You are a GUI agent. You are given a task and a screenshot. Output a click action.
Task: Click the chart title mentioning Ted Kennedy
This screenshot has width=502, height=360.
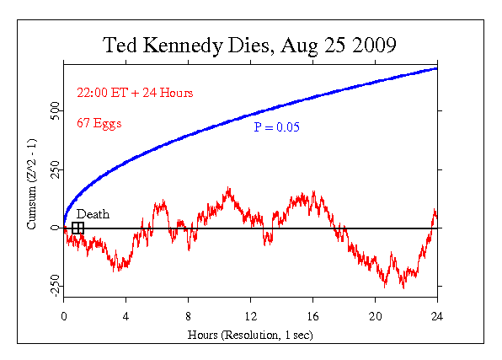point(249,44)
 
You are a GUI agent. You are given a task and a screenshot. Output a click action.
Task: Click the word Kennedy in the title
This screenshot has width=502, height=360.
point(188,44)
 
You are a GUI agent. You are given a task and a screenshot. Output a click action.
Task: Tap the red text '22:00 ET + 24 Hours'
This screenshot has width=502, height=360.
point(122,94)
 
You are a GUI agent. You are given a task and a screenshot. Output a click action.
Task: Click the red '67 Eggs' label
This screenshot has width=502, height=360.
point(99,123)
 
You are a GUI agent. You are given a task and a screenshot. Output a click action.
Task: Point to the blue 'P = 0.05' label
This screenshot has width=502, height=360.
point(277,127)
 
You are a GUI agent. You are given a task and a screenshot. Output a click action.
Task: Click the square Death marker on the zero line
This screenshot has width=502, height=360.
point(77,228)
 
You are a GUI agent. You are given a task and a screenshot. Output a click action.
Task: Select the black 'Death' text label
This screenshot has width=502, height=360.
point(93,215)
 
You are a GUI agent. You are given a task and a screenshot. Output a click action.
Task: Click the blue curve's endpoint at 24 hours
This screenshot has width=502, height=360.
point(436,68)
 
